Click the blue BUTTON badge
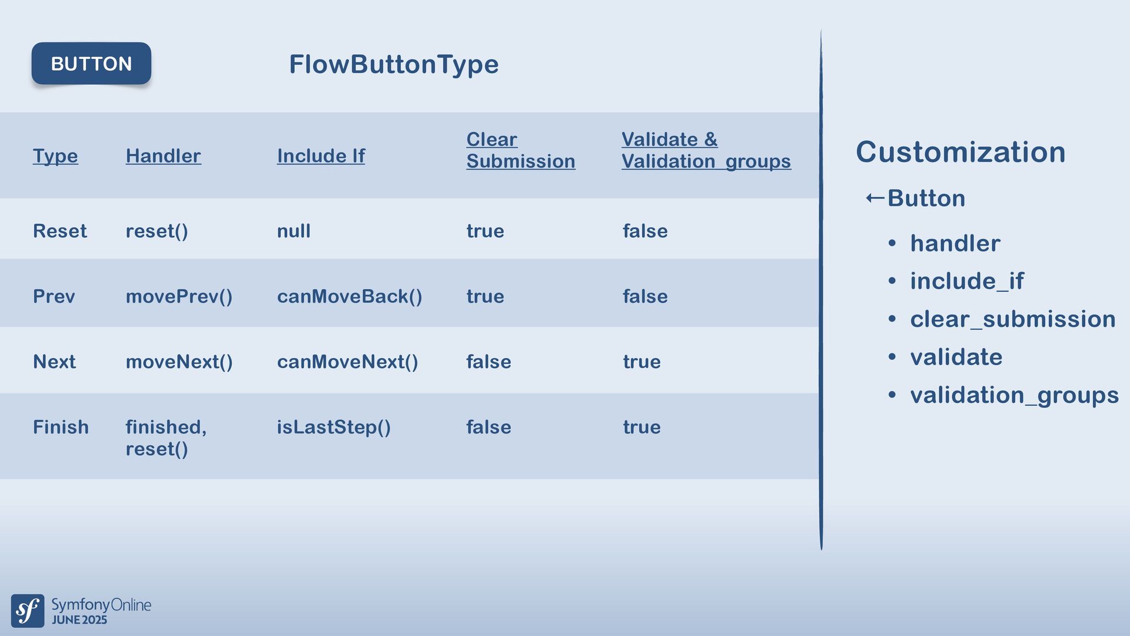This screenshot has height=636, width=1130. click(91, 63)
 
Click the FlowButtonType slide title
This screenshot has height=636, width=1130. click(394, 64)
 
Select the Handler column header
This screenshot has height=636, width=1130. click(163, 155)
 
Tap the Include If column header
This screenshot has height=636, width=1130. click(321, 155)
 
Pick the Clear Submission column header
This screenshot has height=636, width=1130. click(520, 150)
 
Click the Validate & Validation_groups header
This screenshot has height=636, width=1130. click(706, 150)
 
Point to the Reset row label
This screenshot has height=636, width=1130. click(59, 231)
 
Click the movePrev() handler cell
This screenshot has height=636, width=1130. click(179, 296)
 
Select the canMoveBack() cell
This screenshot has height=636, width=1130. click(350, 296)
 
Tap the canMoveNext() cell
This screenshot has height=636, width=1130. click(347, 362)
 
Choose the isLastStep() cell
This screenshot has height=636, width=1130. click(334, 427)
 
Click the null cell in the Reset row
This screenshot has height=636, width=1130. click(294, 231)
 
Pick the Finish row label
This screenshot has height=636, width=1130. click(61, 427)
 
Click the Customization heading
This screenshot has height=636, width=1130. click(960, 152)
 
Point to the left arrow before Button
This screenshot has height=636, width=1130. click(875, 198)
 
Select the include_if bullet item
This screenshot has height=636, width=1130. click(966, 281)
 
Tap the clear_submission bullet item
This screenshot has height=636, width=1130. click(1012, 319)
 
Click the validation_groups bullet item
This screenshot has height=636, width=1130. click(1014, 395)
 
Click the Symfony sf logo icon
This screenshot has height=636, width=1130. click(28, 611)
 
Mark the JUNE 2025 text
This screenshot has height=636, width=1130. click(79, 620)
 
